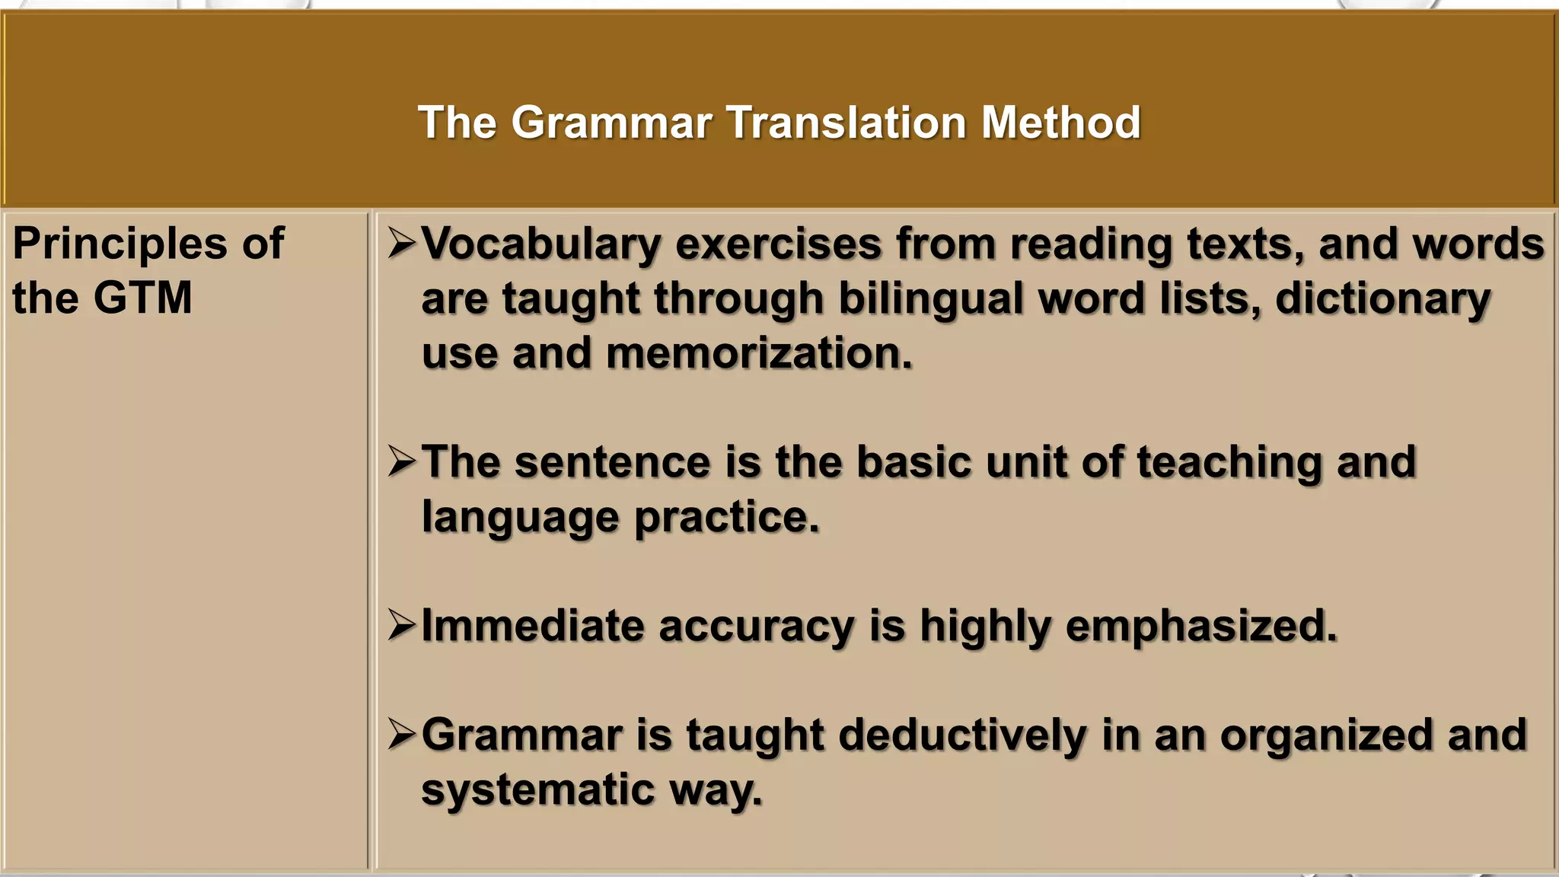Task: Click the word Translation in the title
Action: (846, 122)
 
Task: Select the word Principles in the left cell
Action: (120, 244)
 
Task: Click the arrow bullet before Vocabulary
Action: (401, 244)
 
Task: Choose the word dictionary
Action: (1382, 298)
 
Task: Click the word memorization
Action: (759, 353)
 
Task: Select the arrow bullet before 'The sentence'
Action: (401, 461)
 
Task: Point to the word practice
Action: (726, 517)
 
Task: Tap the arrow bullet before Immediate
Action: (401, 626)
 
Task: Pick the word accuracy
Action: (756, 627)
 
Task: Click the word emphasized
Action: (1200, 627)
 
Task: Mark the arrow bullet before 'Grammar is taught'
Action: (401, 735)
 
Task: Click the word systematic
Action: (537, 789)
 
